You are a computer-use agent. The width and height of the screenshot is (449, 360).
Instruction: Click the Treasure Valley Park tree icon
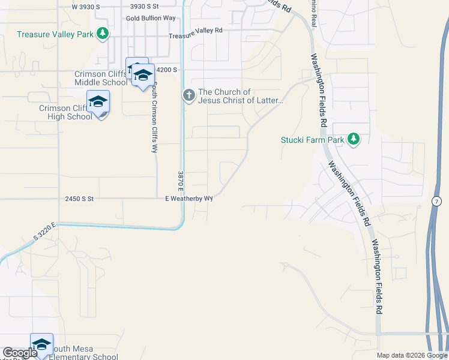(103, 34)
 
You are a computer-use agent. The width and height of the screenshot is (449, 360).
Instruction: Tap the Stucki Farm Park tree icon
(354, 140)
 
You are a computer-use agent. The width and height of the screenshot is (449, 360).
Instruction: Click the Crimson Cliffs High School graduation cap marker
(98, 103)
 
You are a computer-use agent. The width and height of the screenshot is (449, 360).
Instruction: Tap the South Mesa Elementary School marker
(41, 345)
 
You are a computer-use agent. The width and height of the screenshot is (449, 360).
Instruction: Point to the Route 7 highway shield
(436, 199)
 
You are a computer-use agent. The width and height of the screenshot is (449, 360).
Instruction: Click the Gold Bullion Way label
(151, 18)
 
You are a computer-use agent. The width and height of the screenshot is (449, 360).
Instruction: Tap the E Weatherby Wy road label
(190, 198)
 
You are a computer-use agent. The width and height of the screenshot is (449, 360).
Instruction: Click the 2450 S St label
(79, 198)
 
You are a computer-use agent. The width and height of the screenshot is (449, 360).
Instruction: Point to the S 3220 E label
(44, 231)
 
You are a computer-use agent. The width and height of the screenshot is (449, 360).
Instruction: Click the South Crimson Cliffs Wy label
(154, 118)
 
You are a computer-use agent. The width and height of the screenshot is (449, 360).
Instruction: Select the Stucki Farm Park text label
(313, 140)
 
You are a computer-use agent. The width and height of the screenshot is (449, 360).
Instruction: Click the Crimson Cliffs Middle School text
(100, 78)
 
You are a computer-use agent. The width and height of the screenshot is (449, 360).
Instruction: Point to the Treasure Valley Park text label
(55, 34)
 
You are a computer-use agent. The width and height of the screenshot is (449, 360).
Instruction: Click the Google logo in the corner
(20, 353)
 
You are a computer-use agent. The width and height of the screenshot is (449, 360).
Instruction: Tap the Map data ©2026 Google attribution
(412, 355)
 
